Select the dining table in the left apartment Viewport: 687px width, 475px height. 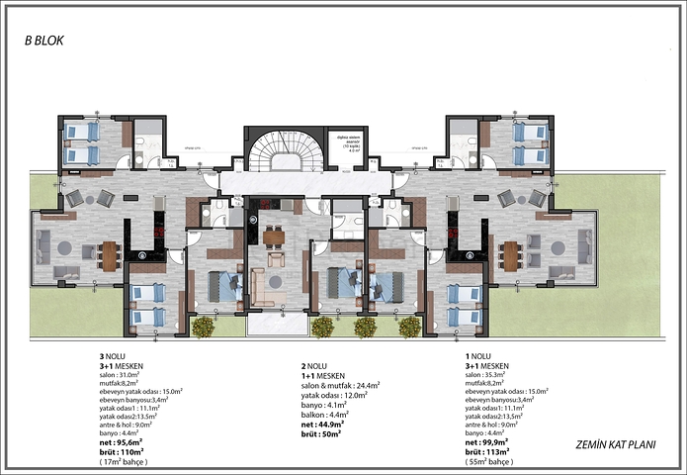110,255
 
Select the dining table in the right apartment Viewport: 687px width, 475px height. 510,255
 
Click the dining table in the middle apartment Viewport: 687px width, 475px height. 273,237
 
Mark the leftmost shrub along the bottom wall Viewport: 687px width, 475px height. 203,327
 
